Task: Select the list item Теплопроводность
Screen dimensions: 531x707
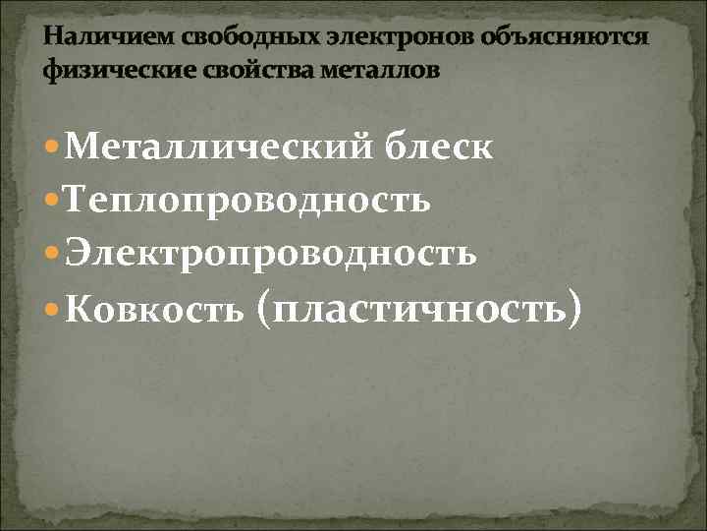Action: point(249,202)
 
